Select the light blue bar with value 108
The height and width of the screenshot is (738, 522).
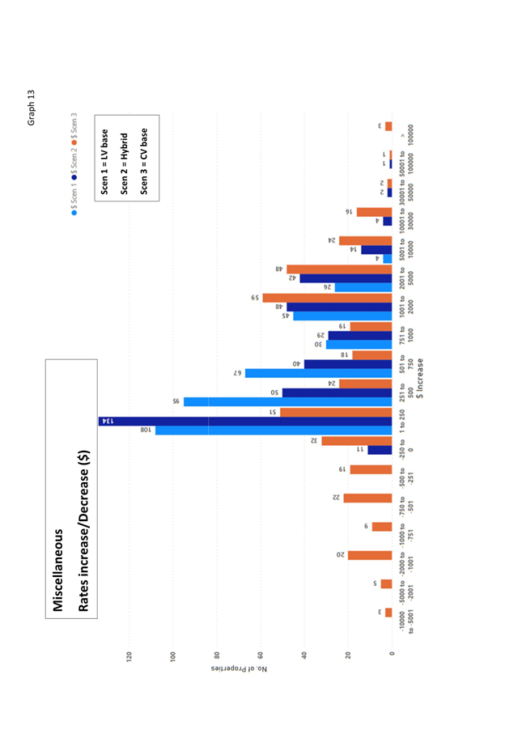click(x=274, y=430)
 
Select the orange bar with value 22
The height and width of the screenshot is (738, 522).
click(x=367, y=498)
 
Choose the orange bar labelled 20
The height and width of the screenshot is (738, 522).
click(x=370, y=555)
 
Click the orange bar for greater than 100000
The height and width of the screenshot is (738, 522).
click(x=388, y=126)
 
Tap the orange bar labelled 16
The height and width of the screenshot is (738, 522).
click(x=374, y=212)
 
